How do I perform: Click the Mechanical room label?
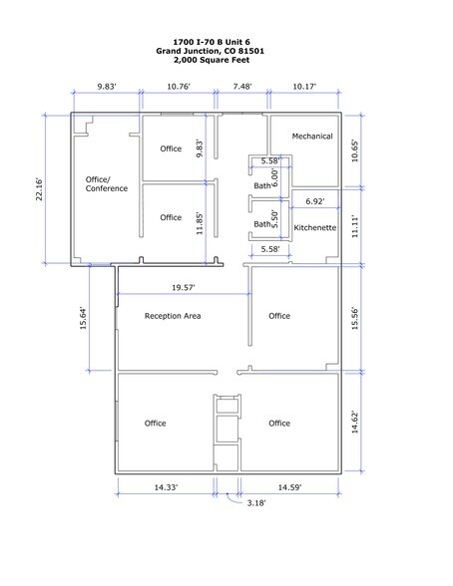pos(311,137)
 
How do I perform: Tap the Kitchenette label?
pos(314,229)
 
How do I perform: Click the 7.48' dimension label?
pos(241,87)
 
